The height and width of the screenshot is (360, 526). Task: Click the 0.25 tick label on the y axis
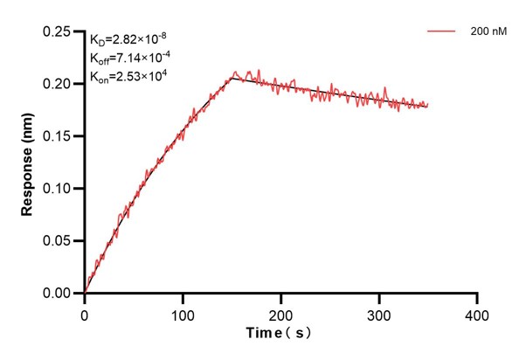(60, 31)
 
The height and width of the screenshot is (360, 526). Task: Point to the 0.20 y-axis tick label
(60, 84)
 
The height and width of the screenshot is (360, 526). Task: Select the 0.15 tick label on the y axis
(60, 136)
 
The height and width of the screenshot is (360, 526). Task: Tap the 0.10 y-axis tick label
(60, 189)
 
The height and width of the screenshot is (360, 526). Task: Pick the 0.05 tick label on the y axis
(60, 241)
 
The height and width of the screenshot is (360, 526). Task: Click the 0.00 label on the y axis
(60, 294)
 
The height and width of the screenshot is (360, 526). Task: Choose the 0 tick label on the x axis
(85, 312)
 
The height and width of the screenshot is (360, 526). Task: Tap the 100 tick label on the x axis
(183, 312)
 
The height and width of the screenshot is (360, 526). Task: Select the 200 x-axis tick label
(280, 312)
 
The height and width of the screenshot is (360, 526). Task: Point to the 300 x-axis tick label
(378, 312)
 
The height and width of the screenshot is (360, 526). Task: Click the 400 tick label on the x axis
(476, 312)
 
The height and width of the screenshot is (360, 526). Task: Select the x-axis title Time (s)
(280, 333)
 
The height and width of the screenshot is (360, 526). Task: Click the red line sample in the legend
(443, 31)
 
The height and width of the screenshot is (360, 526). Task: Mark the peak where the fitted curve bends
(232, 78)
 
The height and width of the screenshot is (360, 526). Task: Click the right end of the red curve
(428, 105)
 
